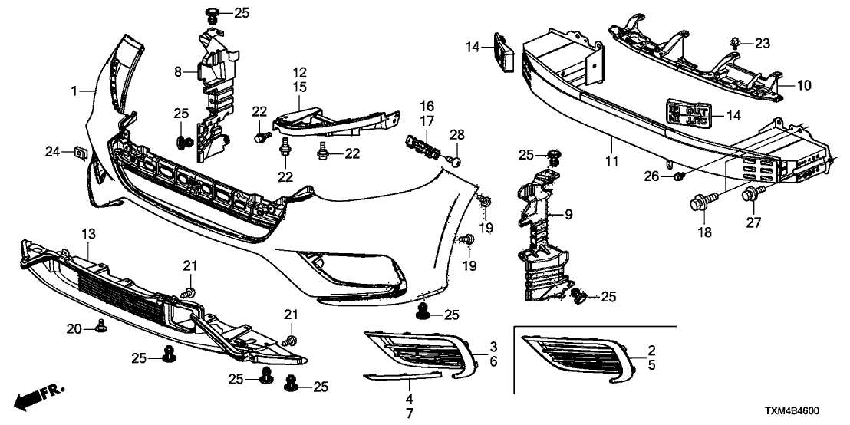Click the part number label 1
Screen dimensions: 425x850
point(74,92)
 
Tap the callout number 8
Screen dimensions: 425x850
point(178,72)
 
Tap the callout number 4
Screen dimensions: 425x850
point(409,400)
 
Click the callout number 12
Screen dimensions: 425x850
point(299,71)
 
